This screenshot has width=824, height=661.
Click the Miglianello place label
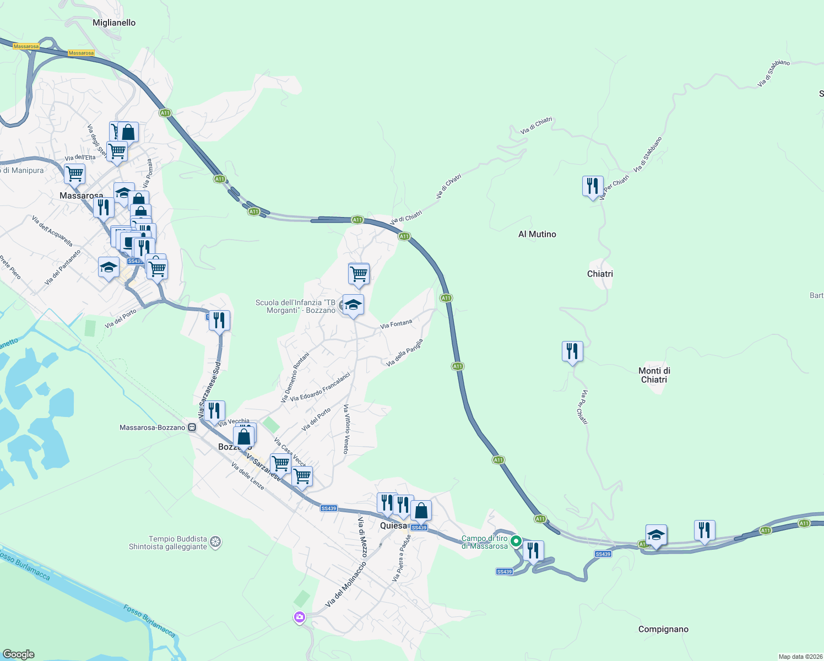(x=114, y=23)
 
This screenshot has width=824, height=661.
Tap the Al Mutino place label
(x=537, y=234)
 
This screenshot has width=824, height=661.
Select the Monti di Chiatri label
(x=654, y=375)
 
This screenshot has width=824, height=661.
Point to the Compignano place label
(x=663, y=629)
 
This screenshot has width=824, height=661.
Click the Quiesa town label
(x=393, y=525)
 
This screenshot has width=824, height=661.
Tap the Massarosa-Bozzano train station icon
(x=192, y=427)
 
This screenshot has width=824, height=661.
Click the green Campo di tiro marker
(x=516, y=541)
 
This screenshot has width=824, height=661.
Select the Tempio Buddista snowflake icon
(x=216, y=543)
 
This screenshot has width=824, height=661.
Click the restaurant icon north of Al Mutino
(x=593, y=186)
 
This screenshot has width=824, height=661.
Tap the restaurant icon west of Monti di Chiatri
(x=572, y=351)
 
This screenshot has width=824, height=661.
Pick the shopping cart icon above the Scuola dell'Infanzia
(x=359, y=273)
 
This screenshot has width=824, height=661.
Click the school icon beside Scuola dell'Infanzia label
(x=353, y=305)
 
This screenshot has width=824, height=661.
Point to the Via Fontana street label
(x=396, y=324)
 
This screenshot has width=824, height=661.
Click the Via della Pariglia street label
(x=405, y=353)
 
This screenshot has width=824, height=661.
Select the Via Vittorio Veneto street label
(x=346, y=429)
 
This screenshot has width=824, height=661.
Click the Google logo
(x=19, y=654)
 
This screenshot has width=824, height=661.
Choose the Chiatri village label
(x=600, y=274)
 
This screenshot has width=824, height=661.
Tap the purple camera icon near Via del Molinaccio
(x=300, y=617)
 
